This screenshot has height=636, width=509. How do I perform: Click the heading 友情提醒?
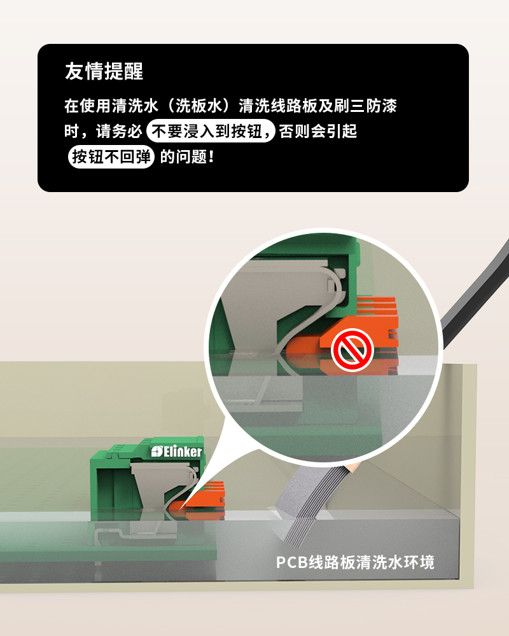(x=104, y=71)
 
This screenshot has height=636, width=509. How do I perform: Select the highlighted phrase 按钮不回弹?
(x=111, y=156)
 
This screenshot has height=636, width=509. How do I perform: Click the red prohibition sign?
(x=352, y=350)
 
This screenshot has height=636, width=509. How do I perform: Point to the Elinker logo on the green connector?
(x=177, y=452)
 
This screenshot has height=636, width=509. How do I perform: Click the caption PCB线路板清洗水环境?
(x=355, y=563)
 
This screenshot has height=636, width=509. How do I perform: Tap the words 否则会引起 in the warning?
(x=318, y=131)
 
